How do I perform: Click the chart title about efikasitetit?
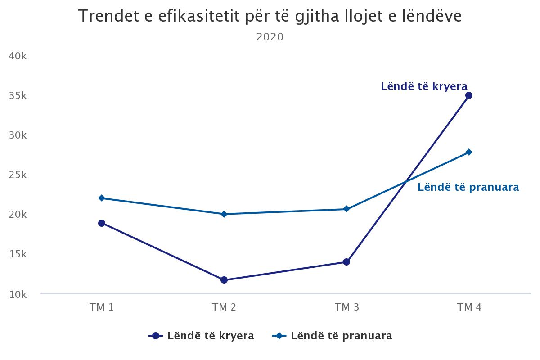coord(270,17)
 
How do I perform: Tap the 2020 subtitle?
coord(270,37)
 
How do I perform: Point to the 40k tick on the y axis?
coord(18,56)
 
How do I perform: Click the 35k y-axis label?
coord(18,96)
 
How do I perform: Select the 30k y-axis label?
coord(18,135)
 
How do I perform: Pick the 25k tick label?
coord(18,175)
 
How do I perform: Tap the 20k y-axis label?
coord(18,215)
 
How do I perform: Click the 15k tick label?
coord(18,254)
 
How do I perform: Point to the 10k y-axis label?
coord(18,294)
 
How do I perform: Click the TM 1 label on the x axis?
coord(102,307)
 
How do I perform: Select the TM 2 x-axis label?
coord(224,307)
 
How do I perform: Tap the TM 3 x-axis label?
coord(346,307)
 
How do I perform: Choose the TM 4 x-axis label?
coord(469,307)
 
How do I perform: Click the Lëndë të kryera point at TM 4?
coord(469,95)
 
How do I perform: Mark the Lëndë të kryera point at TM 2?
coord(224,280)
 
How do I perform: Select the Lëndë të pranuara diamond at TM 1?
coord(102,198)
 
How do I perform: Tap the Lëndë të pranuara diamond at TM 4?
coord(469,152)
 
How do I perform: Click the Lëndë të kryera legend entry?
coord(202,336)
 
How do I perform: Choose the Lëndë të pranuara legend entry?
coord(333,336)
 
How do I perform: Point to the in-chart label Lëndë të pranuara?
coord(468,187)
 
